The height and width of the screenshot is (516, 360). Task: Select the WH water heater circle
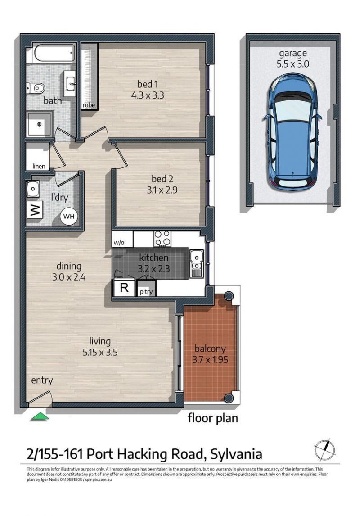pyautogui.click(x=69, y=217)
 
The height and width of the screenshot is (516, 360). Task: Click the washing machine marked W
pyautogui.click(x=35, y=209)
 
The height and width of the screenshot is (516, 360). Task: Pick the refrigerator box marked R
pyautogui.click(x=124, y=288)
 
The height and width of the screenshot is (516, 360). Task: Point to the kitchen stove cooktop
pyautogui.click(x=162, y=238)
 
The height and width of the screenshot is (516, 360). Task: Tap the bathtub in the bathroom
pyautogui.click(x=54, y=53)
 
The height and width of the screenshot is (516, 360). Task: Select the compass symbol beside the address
pyautogui.click(x=324, y=450)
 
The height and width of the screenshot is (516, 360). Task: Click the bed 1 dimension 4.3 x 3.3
pyautogui.click(x=148, y=95)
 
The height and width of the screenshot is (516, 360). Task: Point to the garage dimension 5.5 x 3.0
pyautogui.click(x=292, y=64)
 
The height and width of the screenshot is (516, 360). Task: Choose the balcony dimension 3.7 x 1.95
pyautogui.click(x=210, y=359)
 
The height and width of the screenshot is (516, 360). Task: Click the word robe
pyautogui.click(x=89, y=105)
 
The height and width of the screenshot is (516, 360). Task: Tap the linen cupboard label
pyautogui.click(x=39, y=166)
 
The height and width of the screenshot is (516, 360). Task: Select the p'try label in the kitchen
pyautogui.click(x=146, y=292)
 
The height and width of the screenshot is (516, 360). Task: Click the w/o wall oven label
pyautogui.click(x=119, y=243)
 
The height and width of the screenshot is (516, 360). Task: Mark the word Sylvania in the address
pyautogui.click(x=236, y=454)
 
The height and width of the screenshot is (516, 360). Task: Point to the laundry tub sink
pyautogui.click(x=33, y=189)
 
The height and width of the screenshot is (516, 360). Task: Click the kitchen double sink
pyautogui.click(x=197, y=263)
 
